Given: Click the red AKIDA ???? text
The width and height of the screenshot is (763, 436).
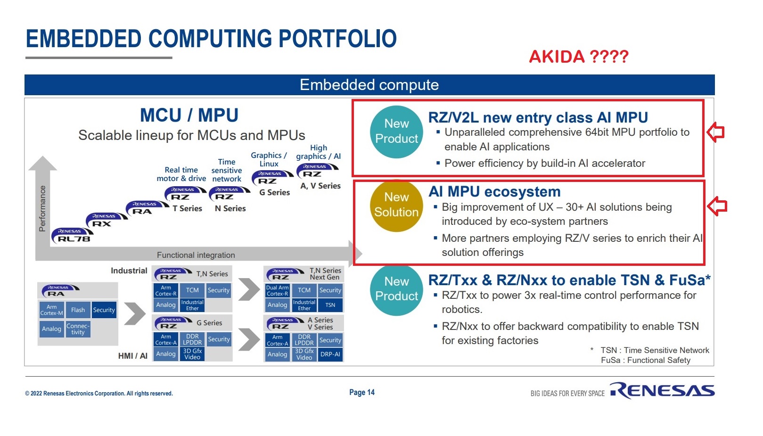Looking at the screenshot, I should click(578, 57).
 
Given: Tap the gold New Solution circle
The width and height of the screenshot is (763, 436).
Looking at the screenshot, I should click(396, 205).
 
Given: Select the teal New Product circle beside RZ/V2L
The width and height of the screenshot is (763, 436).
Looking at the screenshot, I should click(396, 132).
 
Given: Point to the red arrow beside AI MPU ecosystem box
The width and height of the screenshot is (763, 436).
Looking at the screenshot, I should click(717, 206).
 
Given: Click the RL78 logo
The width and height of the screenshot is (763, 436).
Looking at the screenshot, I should click(74, 235).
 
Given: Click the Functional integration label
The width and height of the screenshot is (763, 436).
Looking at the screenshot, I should click(196, 255).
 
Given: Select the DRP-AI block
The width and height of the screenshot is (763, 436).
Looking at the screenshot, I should click(330, 354).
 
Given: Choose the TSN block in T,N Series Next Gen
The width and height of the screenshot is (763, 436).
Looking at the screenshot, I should click(330, 305).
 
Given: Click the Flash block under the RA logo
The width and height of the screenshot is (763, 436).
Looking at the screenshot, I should click(78, 310).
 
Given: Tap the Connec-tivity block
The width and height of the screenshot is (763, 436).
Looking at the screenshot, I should click(78, 329).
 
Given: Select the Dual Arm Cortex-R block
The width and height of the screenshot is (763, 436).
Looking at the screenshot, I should click(277, 290).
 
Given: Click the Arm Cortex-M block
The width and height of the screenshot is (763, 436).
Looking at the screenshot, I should click(51, 310).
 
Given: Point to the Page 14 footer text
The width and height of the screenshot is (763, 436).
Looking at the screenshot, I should click(361, 392).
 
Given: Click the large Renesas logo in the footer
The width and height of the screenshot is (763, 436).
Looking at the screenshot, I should click(662, 390).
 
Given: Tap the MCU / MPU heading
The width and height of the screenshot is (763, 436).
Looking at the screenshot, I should click(189, 115).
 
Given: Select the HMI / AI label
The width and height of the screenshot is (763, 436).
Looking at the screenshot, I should click(132, 355).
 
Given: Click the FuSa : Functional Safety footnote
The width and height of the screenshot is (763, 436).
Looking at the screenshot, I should click(645, 360).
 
